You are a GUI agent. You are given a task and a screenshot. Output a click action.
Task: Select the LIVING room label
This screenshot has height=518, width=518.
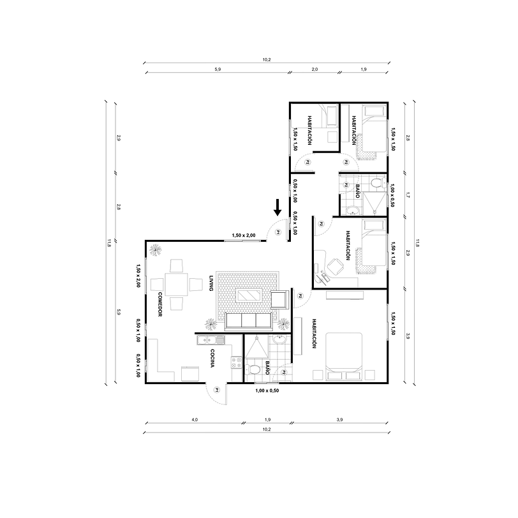pos(211,283)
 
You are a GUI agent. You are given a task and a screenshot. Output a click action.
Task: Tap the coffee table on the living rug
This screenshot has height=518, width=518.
pos(248,295)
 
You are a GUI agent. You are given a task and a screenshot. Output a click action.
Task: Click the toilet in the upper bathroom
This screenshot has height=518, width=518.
pos(376,184)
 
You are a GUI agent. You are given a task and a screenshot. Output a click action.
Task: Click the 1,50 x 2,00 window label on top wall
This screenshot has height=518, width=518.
pos(243,235)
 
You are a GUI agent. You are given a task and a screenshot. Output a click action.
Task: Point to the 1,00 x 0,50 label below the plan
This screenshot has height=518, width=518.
pos(267,390)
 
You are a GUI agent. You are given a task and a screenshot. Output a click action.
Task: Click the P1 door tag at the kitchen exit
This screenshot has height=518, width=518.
pos(217,389)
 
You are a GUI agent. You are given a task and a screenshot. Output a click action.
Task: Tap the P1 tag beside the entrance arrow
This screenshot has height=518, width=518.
pos(278,233)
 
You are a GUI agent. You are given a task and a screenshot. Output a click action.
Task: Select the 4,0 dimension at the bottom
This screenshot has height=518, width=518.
pos(195,419)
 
